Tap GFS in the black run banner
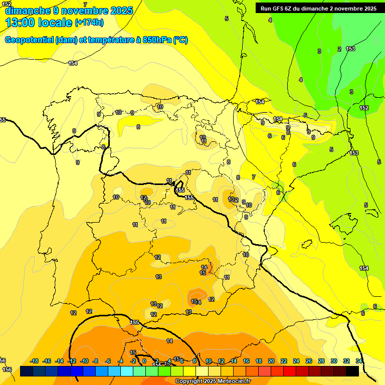[x=277, y=8]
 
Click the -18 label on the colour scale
[x=35, y=361]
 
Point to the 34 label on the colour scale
[x=359, y=361]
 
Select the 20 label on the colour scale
[x=271, y=361]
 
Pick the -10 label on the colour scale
[x=84, y=361]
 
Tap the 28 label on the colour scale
[x=321, y=361]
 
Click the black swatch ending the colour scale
[x=352, y=371]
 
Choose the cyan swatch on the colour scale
[x=127, y=371]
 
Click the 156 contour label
[x=7, y=369]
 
